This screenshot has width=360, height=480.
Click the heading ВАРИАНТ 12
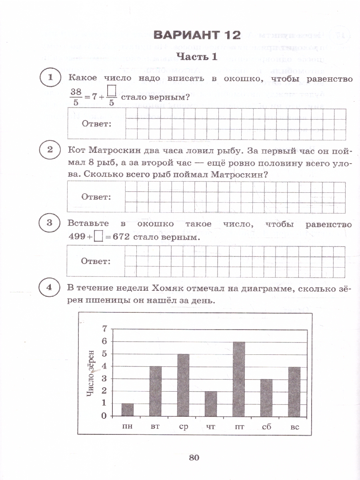click(x=197, y=35)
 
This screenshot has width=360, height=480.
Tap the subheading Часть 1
click(x=197, y=57)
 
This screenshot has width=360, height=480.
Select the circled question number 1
click(x=50, y=78)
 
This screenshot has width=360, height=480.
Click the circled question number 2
click(x=50, y=150)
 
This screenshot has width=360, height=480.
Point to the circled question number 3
click(x=50, y=223)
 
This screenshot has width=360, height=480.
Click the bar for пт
click(x=239, y=379)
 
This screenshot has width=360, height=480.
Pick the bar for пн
click(x=128, y=410)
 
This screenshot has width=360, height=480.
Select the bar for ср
click(x=183, y=385)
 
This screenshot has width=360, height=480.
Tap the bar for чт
click(x=211, y=404)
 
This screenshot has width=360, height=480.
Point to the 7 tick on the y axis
click(x=105, y=329)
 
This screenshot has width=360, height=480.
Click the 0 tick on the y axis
click(x=105, y=416)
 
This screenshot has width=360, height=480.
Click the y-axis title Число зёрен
click(x=91, y=373)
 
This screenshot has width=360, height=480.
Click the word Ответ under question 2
click(x=96, y=197)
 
